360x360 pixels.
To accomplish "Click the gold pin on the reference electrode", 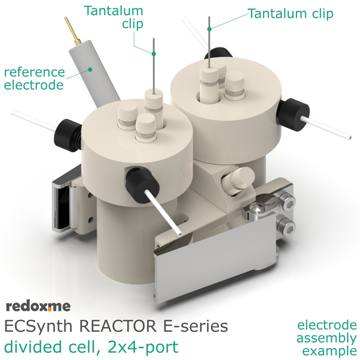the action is point(72,31).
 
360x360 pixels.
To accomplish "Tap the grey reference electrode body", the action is point(95,73).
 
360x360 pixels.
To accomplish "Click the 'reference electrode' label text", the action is point(34,79).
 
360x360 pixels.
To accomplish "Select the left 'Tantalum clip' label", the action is point(114,17).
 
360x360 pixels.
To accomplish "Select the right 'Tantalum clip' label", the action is point(290,14).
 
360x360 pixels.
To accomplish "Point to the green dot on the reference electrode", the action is point(90,70).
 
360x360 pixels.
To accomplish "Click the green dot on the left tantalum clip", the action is point(154,54).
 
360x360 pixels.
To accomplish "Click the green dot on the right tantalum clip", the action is point(209,29).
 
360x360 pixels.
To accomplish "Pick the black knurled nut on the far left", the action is point(68,135).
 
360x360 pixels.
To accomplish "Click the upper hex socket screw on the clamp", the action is point(286,202).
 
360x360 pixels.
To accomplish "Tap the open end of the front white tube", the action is point(180,234).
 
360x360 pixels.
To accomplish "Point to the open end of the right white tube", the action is point(349,137).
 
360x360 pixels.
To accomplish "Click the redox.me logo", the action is point(38,306).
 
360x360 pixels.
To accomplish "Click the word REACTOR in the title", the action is point(119,326).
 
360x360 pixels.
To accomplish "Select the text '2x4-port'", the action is point(143,347).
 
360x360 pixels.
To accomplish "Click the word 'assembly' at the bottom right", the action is point(326,338).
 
